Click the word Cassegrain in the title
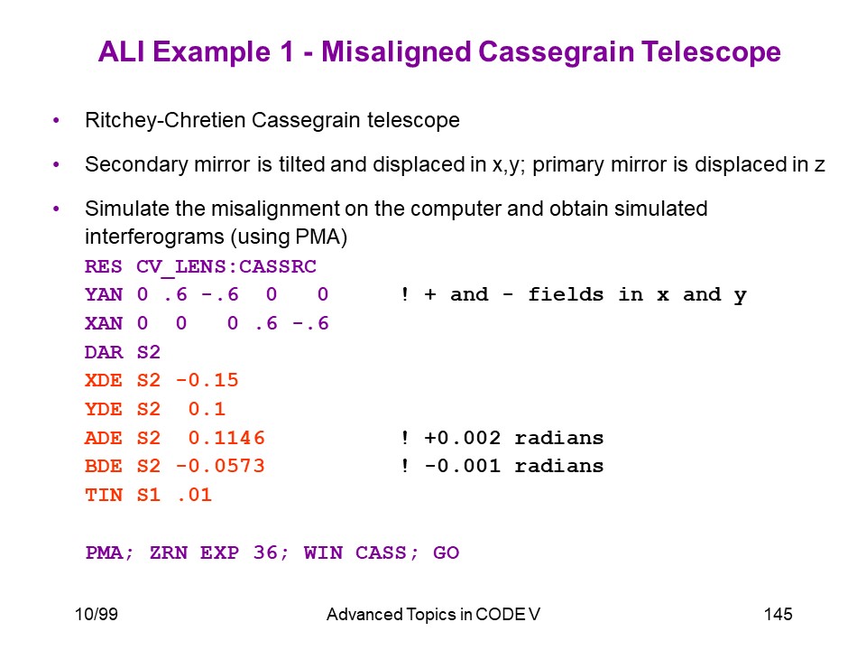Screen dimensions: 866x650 (557, 52)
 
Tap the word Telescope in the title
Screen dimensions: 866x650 (712, 52)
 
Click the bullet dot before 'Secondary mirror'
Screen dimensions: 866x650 (56, 164)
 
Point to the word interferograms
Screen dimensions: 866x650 (154, 237)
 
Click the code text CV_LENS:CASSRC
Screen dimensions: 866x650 (226, 267)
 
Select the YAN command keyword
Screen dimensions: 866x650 (104, 294)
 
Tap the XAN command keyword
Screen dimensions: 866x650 (104, 323)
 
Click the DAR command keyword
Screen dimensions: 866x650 (104, 352)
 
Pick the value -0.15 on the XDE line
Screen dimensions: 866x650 (207, 380)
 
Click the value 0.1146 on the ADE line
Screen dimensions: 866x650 (226, 438)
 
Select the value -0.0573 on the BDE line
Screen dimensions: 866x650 (220, 466)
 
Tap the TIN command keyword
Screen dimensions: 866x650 (104, 495)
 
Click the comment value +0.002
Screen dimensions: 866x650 (462, 438)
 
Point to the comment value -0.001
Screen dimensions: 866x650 (462, 466)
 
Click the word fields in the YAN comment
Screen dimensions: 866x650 (566, 294)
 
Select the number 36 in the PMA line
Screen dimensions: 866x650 (265, 552)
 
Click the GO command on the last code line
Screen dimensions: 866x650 (447, 552)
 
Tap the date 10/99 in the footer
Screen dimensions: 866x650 (97, 614)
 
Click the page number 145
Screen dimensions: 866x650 (778, 614)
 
